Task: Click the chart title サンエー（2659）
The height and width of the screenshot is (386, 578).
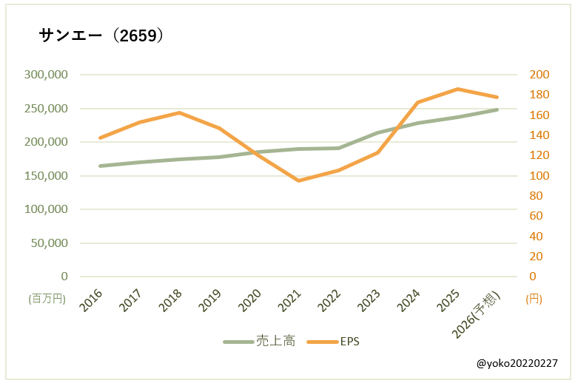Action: pyautogui.click(x=101, y=35)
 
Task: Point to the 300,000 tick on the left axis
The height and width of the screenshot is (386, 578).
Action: pyautogui.click(x=46, y=75)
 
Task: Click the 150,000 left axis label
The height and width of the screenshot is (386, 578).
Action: pyautogui.click(x=46, y=176)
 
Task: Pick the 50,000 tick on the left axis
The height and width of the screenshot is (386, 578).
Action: pyautogui.click(x=49, y=243)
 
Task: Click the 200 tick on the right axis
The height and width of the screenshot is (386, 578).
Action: pyautogui.click(x=539, y=75)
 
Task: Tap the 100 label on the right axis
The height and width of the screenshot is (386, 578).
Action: pyautogui.click(x=539, y=176)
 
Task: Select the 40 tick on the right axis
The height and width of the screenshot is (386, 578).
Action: pyautogui.click(x=536, y=237)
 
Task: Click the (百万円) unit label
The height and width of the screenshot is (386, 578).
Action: pyautogui.click(x=47, y=299)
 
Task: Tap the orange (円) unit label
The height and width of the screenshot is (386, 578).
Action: pyautogui.click(x=534, y=299)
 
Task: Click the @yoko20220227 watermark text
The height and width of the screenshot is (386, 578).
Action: pyautogui.click(x=517, y=364)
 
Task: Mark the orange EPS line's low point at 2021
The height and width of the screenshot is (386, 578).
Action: pyautogui.click(x=299, y=180)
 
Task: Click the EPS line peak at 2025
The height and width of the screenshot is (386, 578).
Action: pyautogui.click(x=458, y=89)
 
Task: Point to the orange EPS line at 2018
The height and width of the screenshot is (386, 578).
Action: pyautogui.click(x=180, y=112)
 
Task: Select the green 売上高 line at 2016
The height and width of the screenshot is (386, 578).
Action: pyautogui.click(x=101, y=166)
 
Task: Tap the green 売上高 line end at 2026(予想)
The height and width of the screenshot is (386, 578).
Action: pyautogui.click(x=497, y=109)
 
